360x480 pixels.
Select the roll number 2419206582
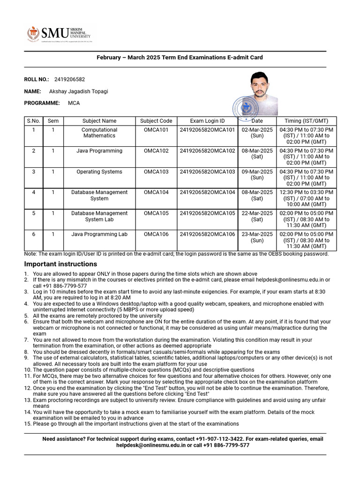pos(69,80)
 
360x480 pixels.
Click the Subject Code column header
pos(156,121)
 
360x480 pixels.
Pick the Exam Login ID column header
pos(207,121)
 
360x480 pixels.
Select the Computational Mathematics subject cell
pos(99,133)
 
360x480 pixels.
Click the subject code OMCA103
pos(156,172)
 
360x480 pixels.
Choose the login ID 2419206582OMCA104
pos(207,193)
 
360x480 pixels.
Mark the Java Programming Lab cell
pos(99,234)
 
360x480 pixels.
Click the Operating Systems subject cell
pos(99,172)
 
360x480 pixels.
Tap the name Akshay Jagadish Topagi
pos(78,91)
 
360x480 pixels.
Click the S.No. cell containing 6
pos(34,234)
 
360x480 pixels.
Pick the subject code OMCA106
pos(156,234)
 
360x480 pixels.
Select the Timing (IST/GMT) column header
pos(306,121)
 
